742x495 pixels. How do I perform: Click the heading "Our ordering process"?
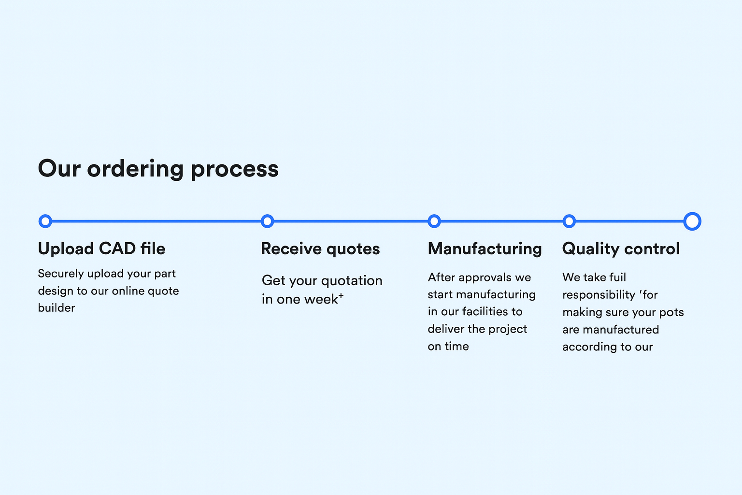click(158, 169)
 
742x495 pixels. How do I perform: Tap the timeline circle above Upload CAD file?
click(45, 221)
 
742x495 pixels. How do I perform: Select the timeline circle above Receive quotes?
click(267, 221)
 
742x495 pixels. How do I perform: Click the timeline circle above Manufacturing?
click(434, 221)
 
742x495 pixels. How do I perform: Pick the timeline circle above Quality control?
click(570, 221)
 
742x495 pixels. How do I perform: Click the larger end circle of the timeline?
click(692, 221)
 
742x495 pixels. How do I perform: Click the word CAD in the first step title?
click(117, 249)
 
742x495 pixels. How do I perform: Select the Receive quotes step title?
click(320, 249)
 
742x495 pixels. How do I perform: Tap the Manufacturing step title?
click(485, 249)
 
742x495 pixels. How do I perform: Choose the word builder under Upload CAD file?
click(57, 308)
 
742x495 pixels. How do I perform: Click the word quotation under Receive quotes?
click(352, 281)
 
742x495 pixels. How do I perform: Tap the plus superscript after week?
click(341, 295)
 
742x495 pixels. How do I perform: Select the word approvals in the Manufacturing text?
click(485, 277)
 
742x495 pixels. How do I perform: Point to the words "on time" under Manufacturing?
click(448, 347)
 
